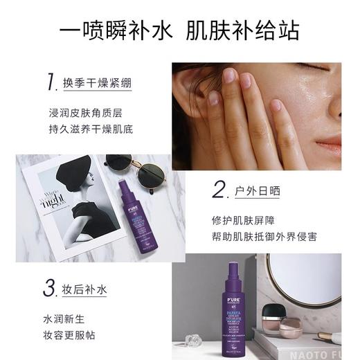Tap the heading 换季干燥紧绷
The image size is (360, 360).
point(98,83)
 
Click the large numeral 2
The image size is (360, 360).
point(220,189)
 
